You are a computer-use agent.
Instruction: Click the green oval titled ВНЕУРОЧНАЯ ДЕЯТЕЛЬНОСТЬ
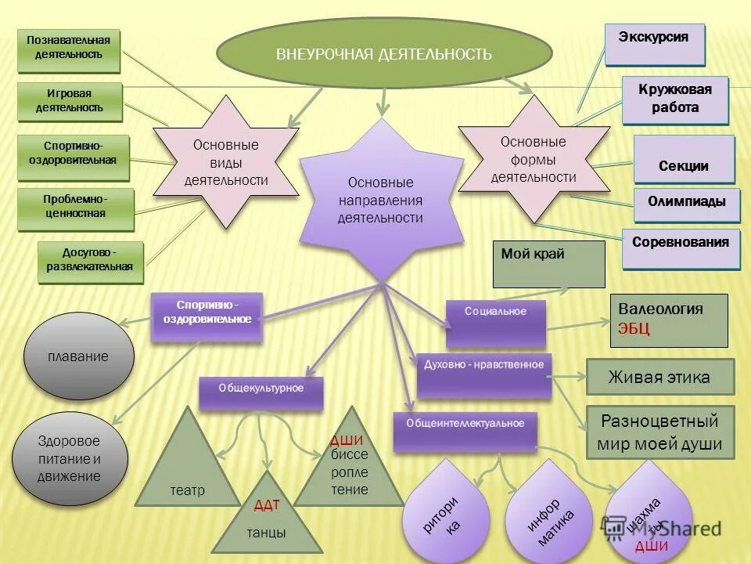(383, 53)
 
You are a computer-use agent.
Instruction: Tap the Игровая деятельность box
(70, 102)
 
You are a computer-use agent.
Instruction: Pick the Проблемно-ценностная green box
(75, 208)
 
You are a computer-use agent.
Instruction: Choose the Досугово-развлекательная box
(90, 261)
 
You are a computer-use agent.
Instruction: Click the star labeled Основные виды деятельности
(225, 162)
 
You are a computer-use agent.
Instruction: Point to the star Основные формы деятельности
(534, 159)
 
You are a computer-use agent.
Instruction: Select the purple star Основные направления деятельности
(380, 200)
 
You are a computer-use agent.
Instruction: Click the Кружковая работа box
(675, 99)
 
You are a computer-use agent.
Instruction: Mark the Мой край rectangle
(548, 263)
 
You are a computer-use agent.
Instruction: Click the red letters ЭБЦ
(634, 329)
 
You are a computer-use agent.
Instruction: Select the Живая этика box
(659, 377)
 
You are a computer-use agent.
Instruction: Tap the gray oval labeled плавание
(78, 356)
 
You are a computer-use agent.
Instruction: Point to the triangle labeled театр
(187, 470)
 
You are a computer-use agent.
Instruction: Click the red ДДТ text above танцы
(267, 504)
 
